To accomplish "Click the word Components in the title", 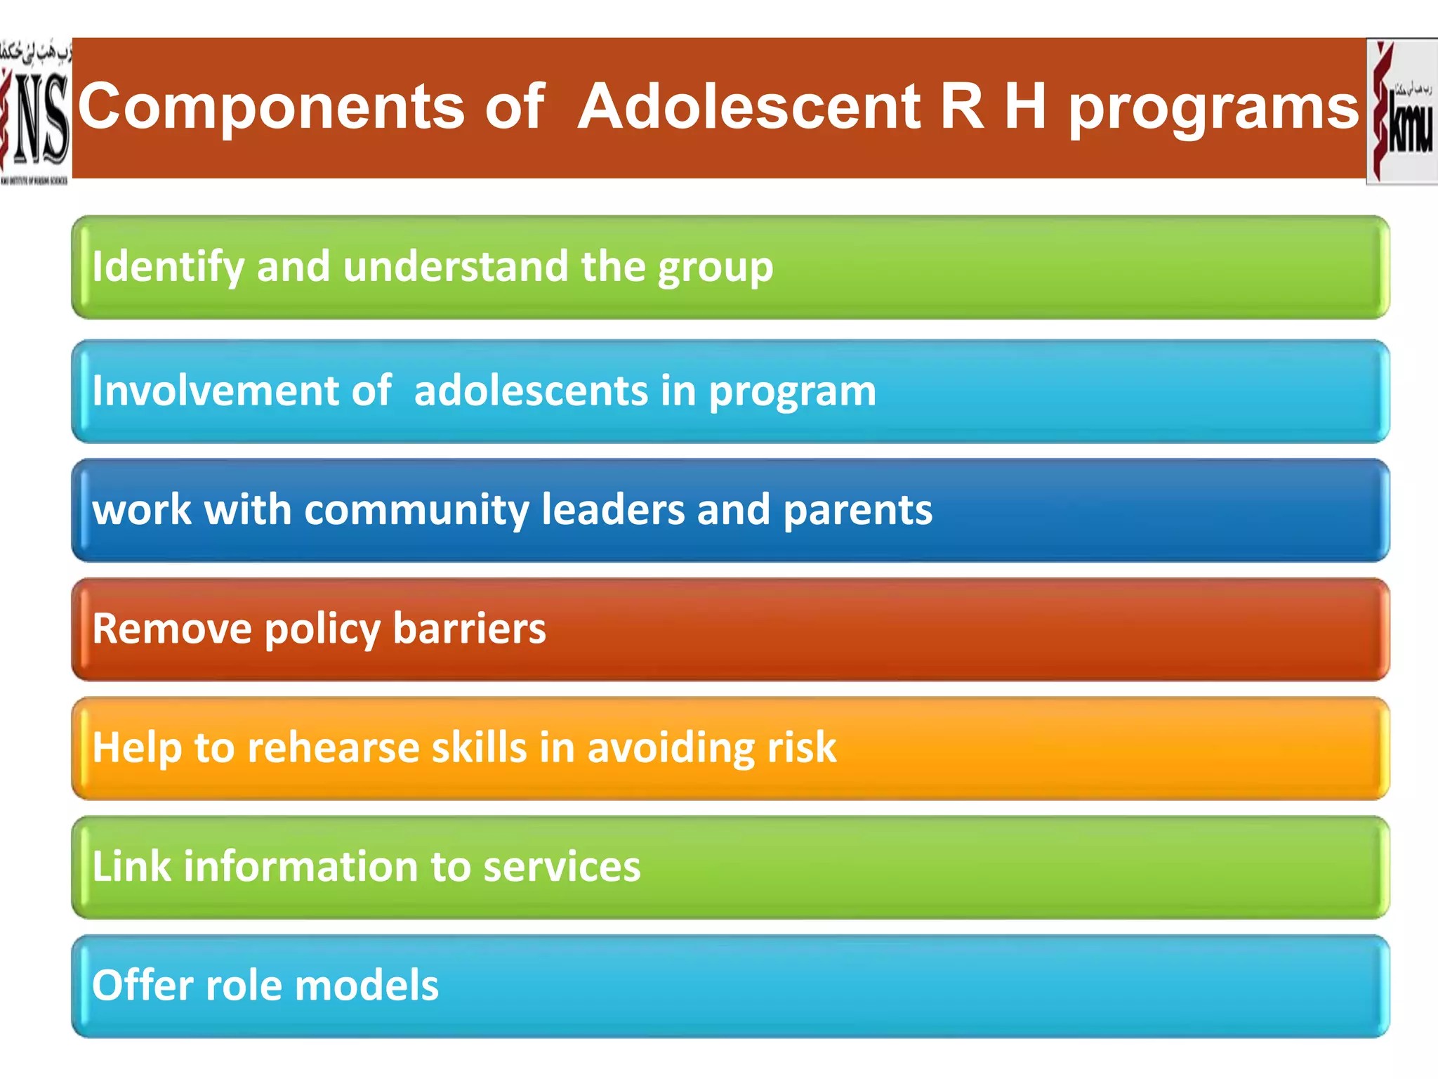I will [x=271, y=107].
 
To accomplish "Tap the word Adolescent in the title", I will [x=749, y=107].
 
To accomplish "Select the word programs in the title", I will [x=1213, y=109].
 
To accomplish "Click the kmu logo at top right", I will [x=1401, y=111].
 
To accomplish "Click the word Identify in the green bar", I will [x=168, y=268].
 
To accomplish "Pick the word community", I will [x=416, y=510].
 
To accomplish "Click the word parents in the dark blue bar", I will [x=857, y=510].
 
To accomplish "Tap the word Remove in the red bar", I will [x=171, y=629].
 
